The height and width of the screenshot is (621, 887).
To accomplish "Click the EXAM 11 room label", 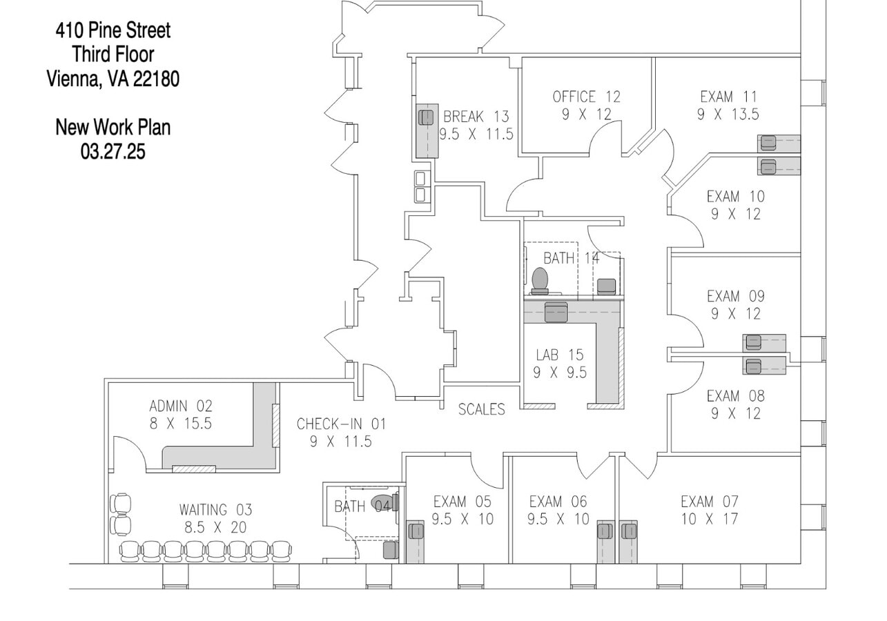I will click(x=728, y=97).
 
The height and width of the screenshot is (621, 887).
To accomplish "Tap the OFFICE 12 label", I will click(x=586, y=97).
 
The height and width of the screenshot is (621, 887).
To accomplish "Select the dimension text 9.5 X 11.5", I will click(x=476, y=134).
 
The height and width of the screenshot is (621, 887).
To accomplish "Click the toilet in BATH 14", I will click(x=540, y=280).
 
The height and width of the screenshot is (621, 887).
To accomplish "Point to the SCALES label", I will click(x=481, y=409).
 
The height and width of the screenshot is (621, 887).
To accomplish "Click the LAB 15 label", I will click(x=559, y=355).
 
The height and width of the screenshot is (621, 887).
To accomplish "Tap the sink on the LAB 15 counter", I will click(x=556, y=313).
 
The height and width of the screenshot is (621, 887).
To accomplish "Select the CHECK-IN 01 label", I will click(x=341, y=424).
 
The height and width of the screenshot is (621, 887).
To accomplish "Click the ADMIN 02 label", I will click(x=181, y=406).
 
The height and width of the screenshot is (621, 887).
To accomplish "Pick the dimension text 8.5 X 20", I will click(x=215, y=528).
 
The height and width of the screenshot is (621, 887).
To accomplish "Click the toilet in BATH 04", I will click(x=381, y=502).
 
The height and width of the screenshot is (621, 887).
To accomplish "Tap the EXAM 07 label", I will click(x=709, y=502).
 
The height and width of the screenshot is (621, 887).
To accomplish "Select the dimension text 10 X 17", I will click(x=709, y=519).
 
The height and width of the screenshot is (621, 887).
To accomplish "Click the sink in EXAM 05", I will click(x=416, y=531).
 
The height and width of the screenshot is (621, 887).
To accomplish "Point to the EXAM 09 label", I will click(x=735, y=297).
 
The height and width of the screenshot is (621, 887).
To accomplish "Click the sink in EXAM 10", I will click(x=768, y=166).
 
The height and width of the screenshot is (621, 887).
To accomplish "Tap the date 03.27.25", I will click(x=113, y=151).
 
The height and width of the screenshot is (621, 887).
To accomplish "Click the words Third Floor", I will click(x=113, y=54).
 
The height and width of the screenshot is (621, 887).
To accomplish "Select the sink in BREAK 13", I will click(x=426, y=117).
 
